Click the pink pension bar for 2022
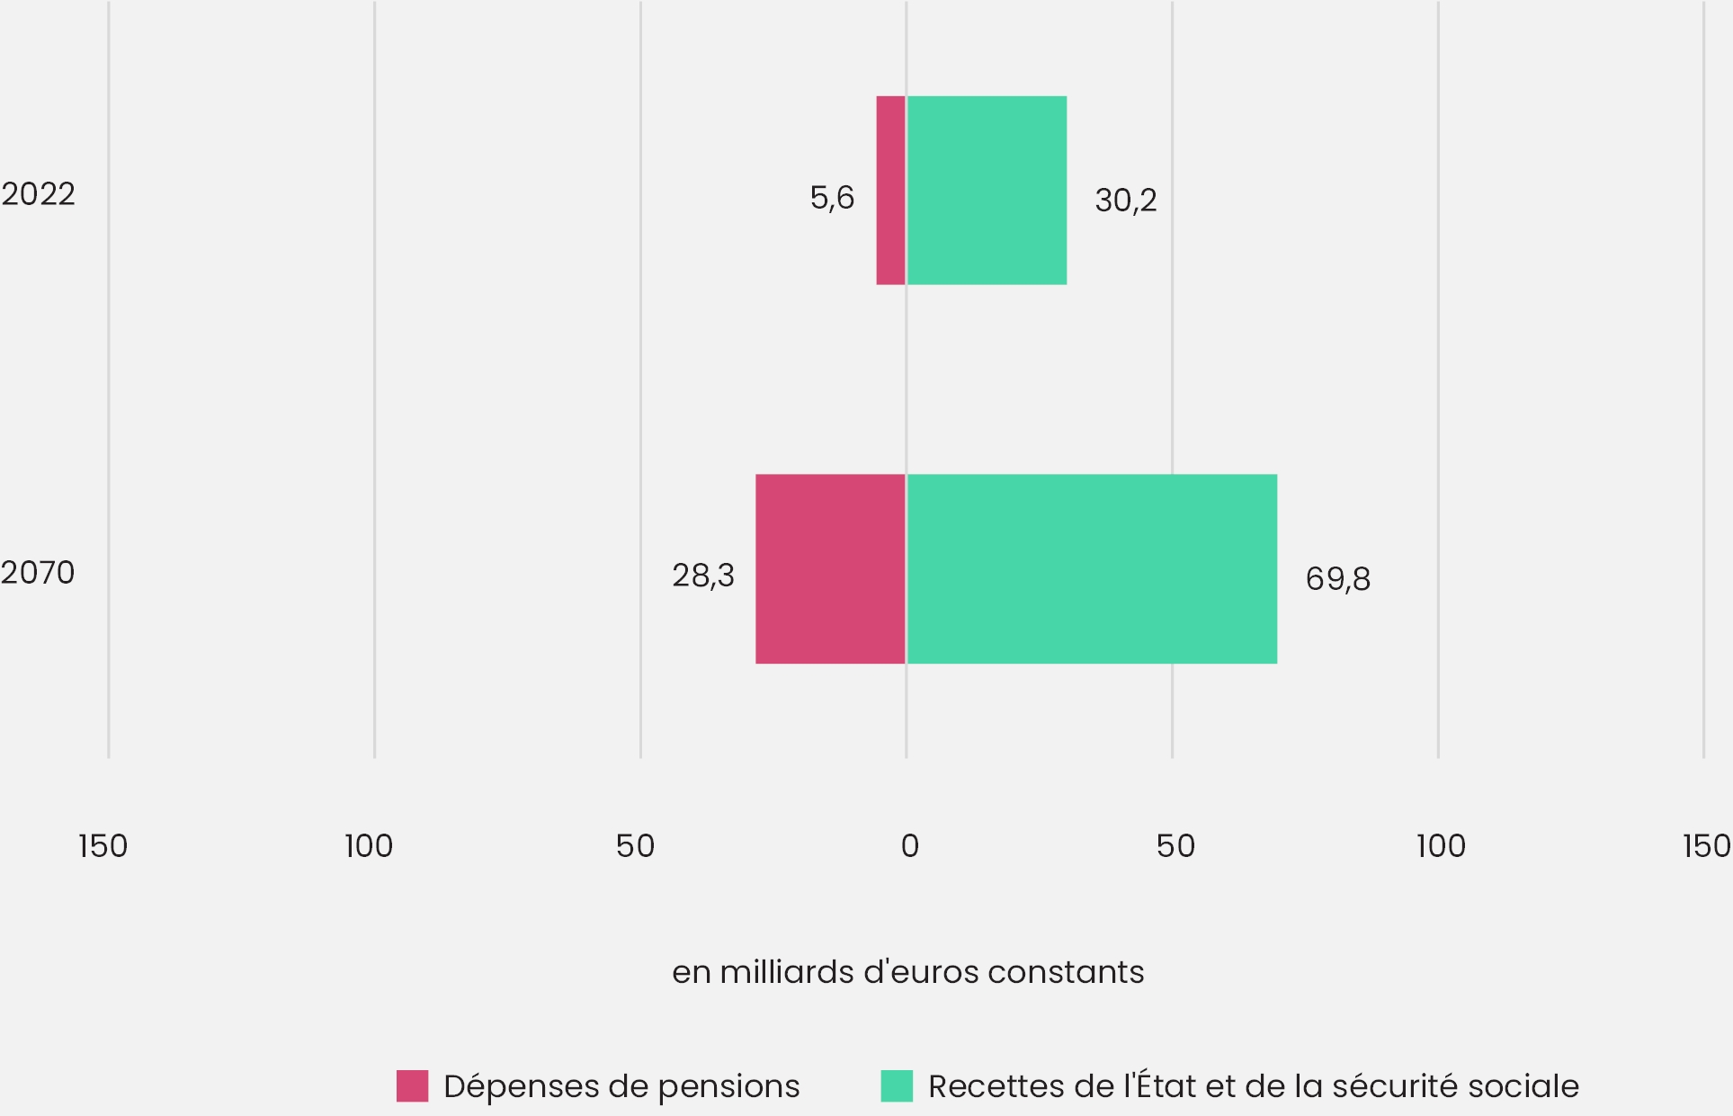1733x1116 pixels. pos(890,191)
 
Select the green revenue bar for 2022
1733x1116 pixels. pos(987,191)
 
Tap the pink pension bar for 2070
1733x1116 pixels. pos(830,569)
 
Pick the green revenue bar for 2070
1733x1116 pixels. pos(1092,569)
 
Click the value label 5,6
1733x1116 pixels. pos(832,198)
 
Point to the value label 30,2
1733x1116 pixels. pos(1125,201)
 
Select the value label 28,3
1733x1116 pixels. pos(703,576)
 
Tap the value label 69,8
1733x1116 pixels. pos(1337,579)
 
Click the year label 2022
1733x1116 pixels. pos(38,194)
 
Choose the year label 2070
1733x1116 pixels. pos(38,573)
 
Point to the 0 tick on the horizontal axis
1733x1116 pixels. pos(909,846)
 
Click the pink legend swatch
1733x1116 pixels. pos(412,1086)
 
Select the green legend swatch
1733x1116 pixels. pos(897,1086)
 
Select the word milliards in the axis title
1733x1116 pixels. pos(786,972)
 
